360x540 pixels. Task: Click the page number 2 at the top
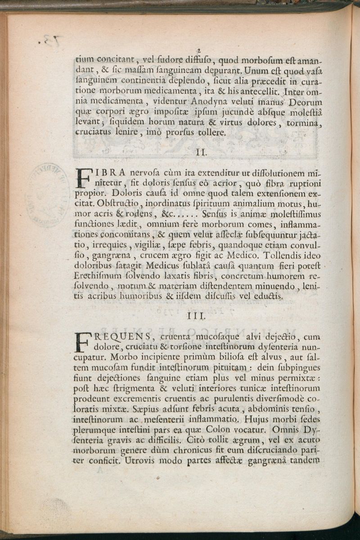(198, 51)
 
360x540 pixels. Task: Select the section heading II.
(201, 152)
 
